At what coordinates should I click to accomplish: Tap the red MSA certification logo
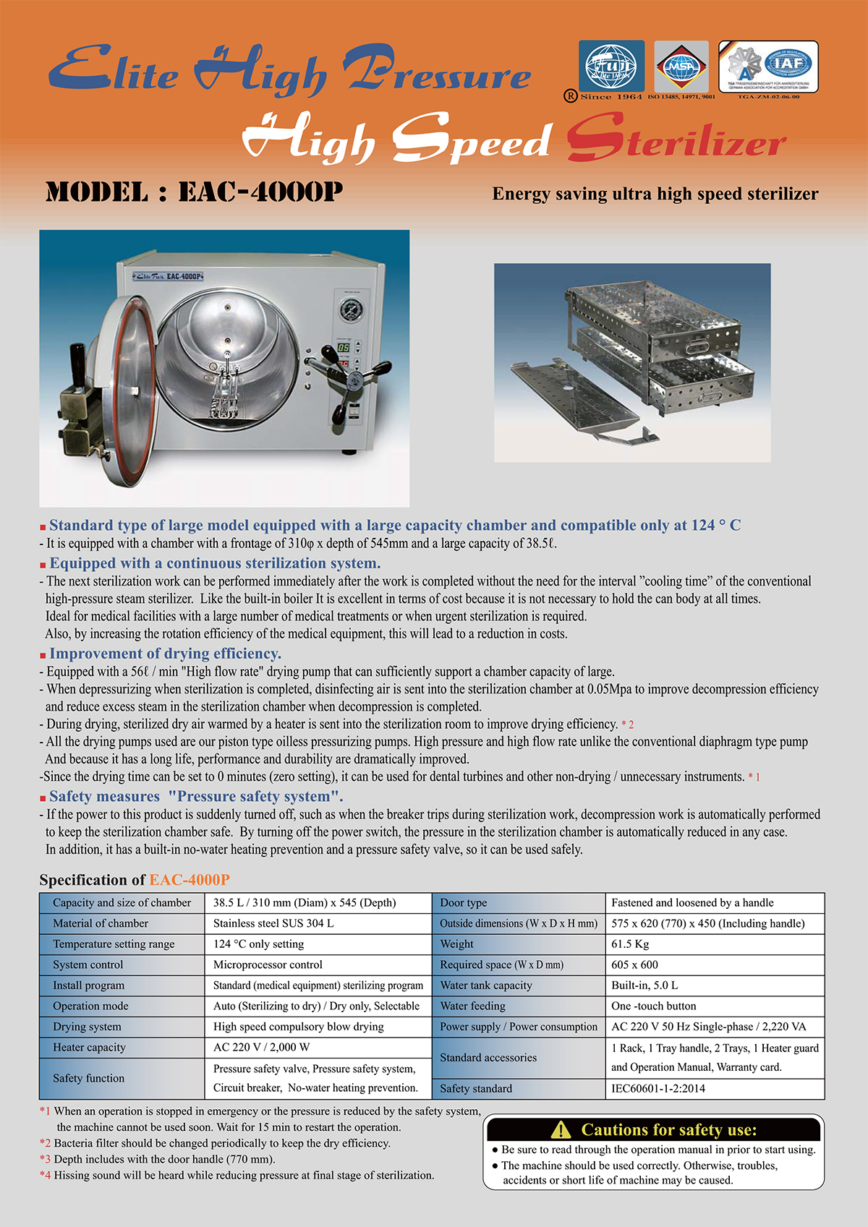[x=681, y=67]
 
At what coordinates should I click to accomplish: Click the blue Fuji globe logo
[x=611, y=66]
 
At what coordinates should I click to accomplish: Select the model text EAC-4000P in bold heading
[x=260, y=192]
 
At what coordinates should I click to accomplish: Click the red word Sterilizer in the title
[x=676, y=140]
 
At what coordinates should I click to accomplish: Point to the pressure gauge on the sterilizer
[x=352, y=310]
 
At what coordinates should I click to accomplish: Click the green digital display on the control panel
[x=343, y=348]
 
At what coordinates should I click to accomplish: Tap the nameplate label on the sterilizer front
[x=168, y=277]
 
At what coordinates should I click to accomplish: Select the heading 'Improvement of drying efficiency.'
[x=165, y=654]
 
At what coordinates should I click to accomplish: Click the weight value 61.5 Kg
[x=630, y=944]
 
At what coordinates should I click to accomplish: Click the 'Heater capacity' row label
[x=89, y=1047]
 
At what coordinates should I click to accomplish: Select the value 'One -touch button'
[x=654, y=1006]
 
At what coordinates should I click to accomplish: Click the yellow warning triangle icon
[x=561, y=1129]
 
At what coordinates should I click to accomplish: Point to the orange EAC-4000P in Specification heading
[x=190, y=880]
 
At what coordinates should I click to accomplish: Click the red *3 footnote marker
[x=45, y=1159]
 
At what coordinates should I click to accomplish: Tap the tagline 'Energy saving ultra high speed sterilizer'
[x=655, y=194]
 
